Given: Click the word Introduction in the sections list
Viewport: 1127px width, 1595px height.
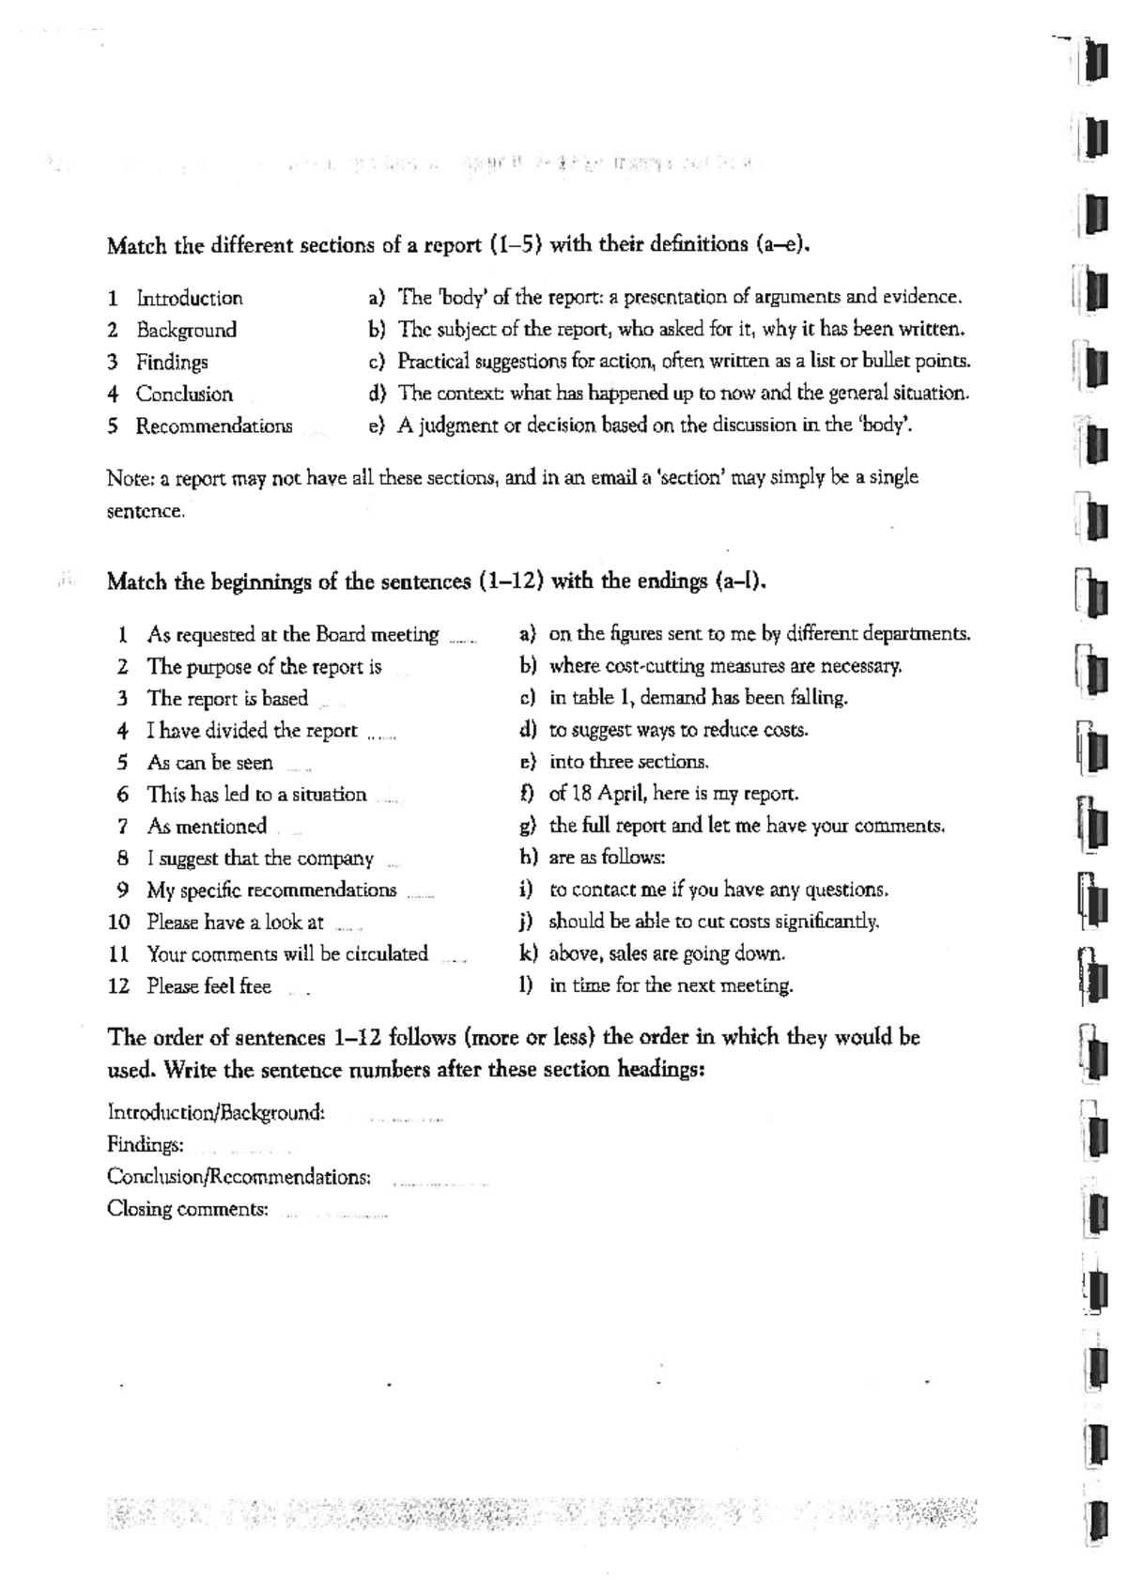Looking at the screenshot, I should pyautogui.click(x=189, y=299).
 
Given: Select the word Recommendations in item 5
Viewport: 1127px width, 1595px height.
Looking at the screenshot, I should pyautogui.click(x=214, y=426).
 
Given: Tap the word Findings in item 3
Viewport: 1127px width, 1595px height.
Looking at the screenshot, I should pyautogui.click(x=172, y=363).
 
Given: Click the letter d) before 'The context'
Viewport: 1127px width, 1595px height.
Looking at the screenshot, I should pyautogui.click(x=377, y=393).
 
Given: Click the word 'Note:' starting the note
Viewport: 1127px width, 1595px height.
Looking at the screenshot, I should pyautogui.click(x=130, y=478).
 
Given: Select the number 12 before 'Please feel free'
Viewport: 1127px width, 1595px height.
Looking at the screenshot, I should pyautogui.click(x=118, y=986).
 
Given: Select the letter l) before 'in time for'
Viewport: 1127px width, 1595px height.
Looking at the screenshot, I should pyautogui.click(x=527, y=985).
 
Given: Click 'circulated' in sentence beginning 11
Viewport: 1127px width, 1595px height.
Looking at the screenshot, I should pyautogui.click(x=386, y=954).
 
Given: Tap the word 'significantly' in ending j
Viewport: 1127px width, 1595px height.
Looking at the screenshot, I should pyautogui.click(x=826, y=921).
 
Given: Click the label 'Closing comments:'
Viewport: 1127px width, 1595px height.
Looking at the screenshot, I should pyautogui.click(x=188, y=1210).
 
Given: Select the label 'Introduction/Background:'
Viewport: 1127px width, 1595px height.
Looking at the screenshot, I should pyautogui.click(x=216, y=1113).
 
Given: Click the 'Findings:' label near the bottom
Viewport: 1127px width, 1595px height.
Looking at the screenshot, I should pyautogui.click(x=145, y=1145).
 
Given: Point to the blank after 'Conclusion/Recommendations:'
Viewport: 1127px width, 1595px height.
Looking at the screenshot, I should pyautogui.click(x=440, y=1181).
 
